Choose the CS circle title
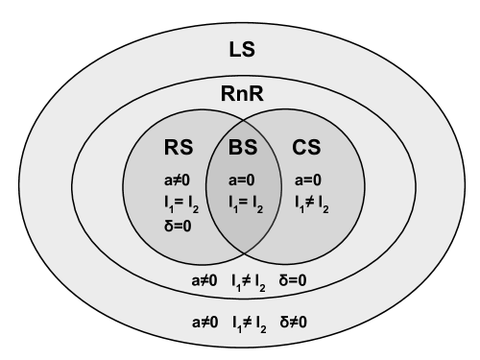pos(306,149)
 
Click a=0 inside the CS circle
pos(306,180)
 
